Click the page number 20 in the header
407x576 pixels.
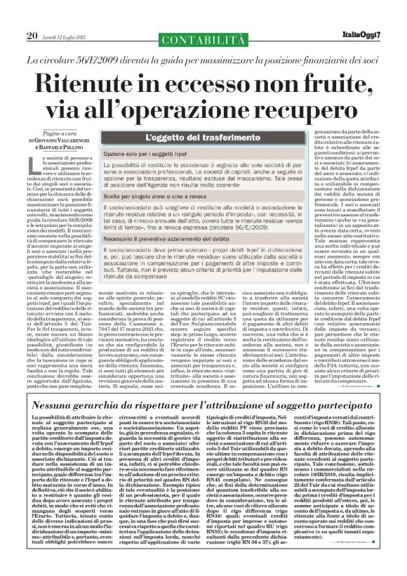pyautogui.click(x=32, y=35)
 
